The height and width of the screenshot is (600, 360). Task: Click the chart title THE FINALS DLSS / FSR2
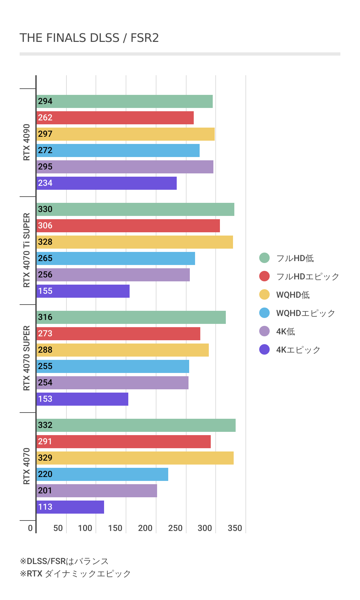tap(89, 38)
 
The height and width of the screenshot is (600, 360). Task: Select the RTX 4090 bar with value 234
tap(107, 183)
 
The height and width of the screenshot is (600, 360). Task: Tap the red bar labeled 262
tap(115, 118)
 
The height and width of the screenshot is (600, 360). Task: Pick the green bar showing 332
tap(136, 425)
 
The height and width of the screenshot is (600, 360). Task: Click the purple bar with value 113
tap(70, 507)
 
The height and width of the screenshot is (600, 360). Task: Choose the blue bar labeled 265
tap(116, 258)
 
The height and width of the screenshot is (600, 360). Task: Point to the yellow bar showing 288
tap(123, 350)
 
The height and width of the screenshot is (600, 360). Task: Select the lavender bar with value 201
tap(97, 491)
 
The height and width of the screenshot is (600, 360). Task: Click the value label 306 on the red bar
tap(45, 226)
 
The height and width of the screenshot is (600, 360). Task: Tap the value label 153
tap(45, 399)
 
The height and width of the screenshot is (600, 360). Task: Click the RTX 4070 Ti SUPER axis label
tap(27, 250)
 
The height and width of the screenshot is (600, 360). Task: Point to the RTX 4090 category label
tap(27, 142)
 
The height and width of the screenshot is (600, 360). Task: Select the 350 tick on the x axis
tap(235, 528)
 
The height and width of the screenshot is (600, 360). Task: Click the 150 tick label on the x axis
tap(115, 528)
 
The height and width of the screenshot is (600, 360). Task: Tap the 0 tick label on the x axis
tap(30, 528)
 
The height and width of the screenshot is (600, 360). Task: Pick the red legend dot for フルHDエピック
tap(264, 276)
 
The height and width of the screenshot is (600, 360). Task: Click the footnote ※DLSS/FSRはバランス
tap(64, 561)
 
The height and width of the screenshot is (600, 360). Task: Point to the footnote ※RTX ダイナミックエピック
tap(75, 574)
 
